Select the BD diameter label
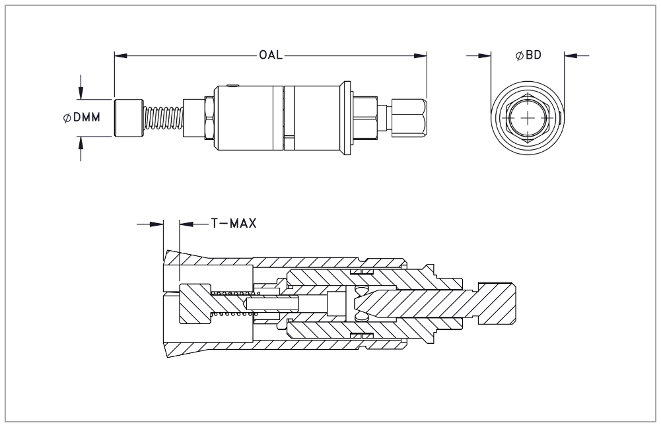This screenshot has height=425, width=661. pos(528,55)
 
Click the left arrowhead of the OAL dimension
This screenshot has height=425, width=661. pos(119,55)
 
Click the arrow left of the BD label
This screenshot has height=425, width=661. pos(487,55)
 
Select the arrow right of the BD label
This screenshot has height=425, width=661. pos(570,55)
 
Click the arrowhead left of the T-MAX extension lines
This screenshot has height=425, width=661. pos(157,224)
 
